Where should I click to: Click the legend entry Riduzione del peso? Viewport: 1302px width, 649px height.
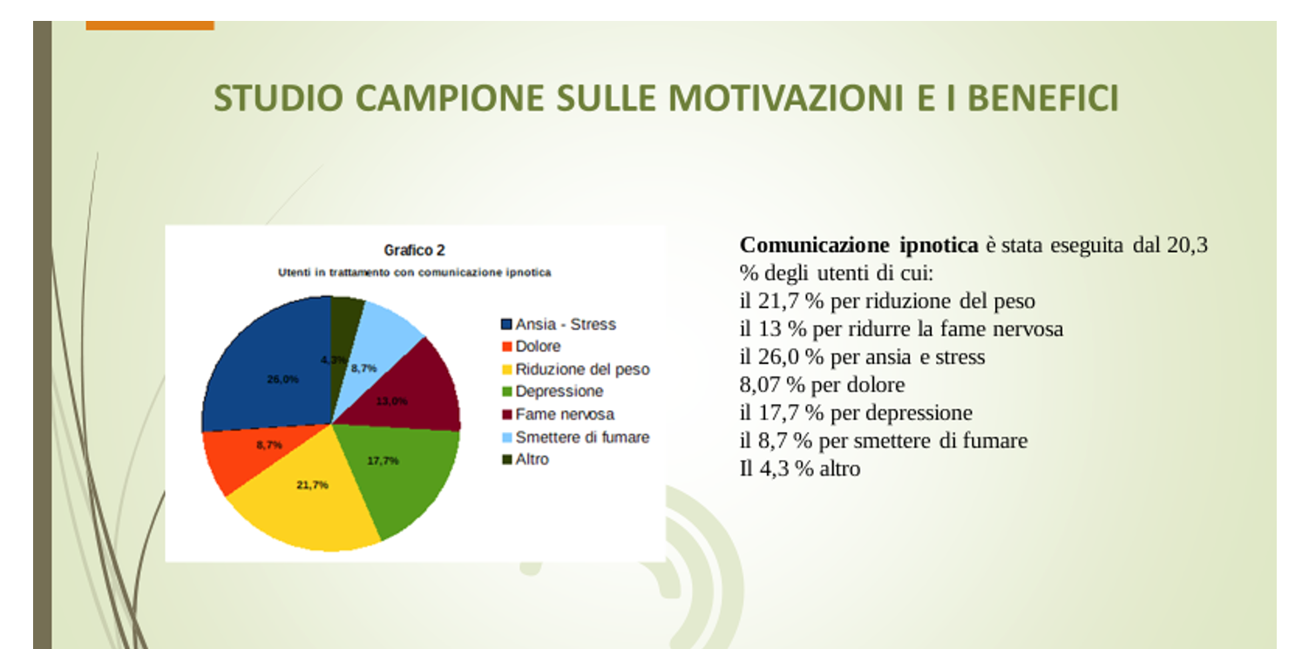tap(575, 369)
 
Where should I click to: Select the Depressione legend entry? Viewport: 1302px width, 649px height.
tap(553, 392)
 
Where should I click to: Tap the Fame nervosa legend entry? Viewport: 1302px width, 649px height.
tap(558, 415)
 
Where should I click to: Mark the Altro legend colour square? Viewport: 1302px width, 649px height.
tap(507, 460)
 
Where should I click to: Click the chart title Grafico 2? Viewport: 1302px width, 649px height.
tap(415, 250)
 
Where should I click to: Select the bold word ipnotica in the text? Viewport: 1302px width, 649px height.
tap(939, 246)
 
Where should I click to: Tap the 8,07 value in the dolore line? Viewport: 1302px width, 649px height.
tap(758, 385)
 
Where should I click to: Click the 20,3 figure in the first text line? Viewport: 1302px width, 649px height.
tap(1188, 245)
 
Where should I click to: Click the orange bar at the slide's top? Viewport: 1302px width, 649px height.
tap(150, 25)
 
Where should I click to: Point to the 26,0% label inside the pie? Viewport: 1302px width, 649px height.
tap(283, 380)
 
